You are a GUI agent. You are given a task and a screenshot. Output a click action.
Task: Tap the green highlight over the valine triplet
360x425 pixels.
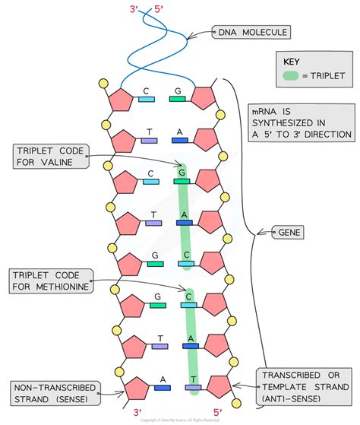pyautogui.click(x=185, y=217)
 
